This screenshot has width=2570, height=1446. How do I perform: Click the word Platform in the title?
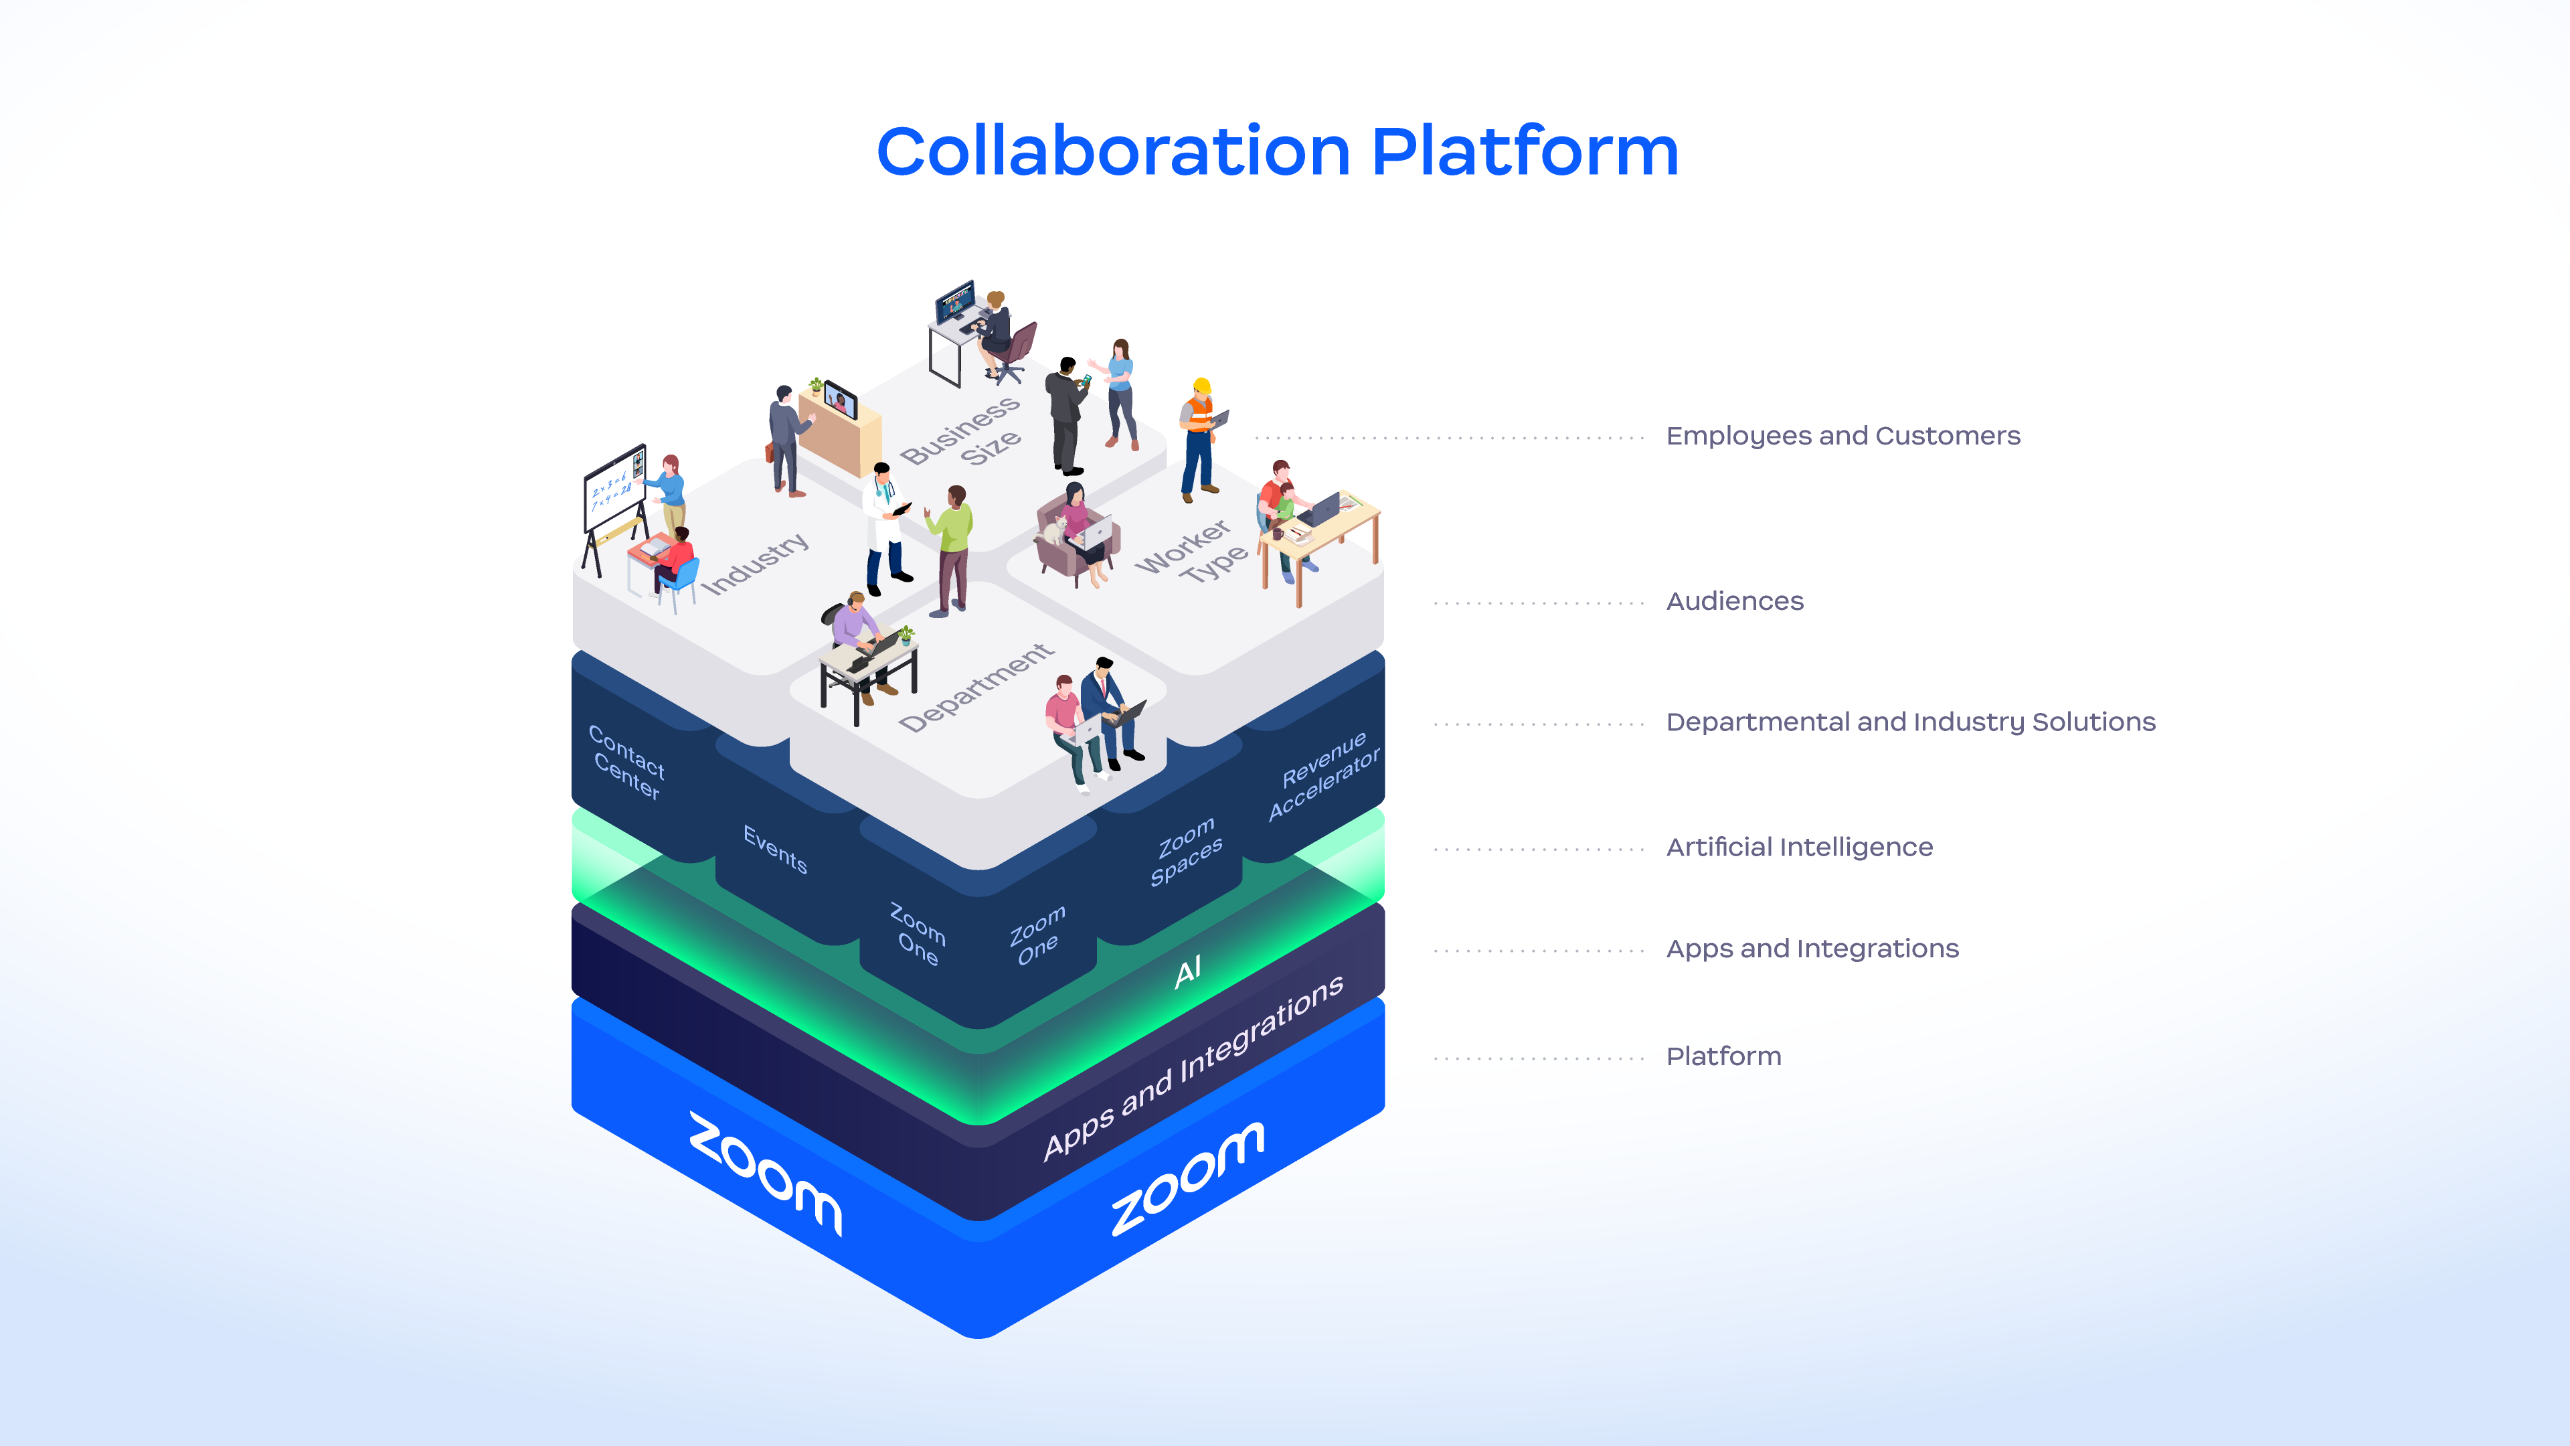click(x=1525, y=153)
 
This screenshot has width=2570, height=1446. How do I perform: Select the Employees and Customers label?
click(x=1843, y=436)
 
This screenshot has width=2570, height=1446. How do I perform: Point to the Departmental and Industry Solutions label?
click(x=1909, y=722)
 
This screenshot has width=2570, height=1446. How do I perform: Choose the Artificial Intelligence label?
click(x=1799, y=848)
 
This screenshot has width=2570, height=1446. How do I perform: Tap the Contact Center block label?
click(x=626, y=762)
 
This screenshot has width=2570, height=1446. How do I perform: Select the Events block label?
click(x=775, y=850)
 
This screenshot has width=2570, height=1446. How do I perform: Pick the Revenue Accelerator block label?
click(x=1323, y=777)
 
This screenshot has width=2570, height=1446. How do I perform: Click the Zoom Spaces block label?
click(x=1185, y=852)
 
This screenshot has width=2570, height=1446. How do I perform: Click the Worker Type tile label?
click(x=1192, y=552)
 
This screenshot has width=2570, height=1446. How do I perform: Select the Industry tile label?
click(x=754, y=564)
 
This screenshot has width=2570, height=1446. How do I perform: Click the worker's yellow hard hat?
click(x=1202, y=386)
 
